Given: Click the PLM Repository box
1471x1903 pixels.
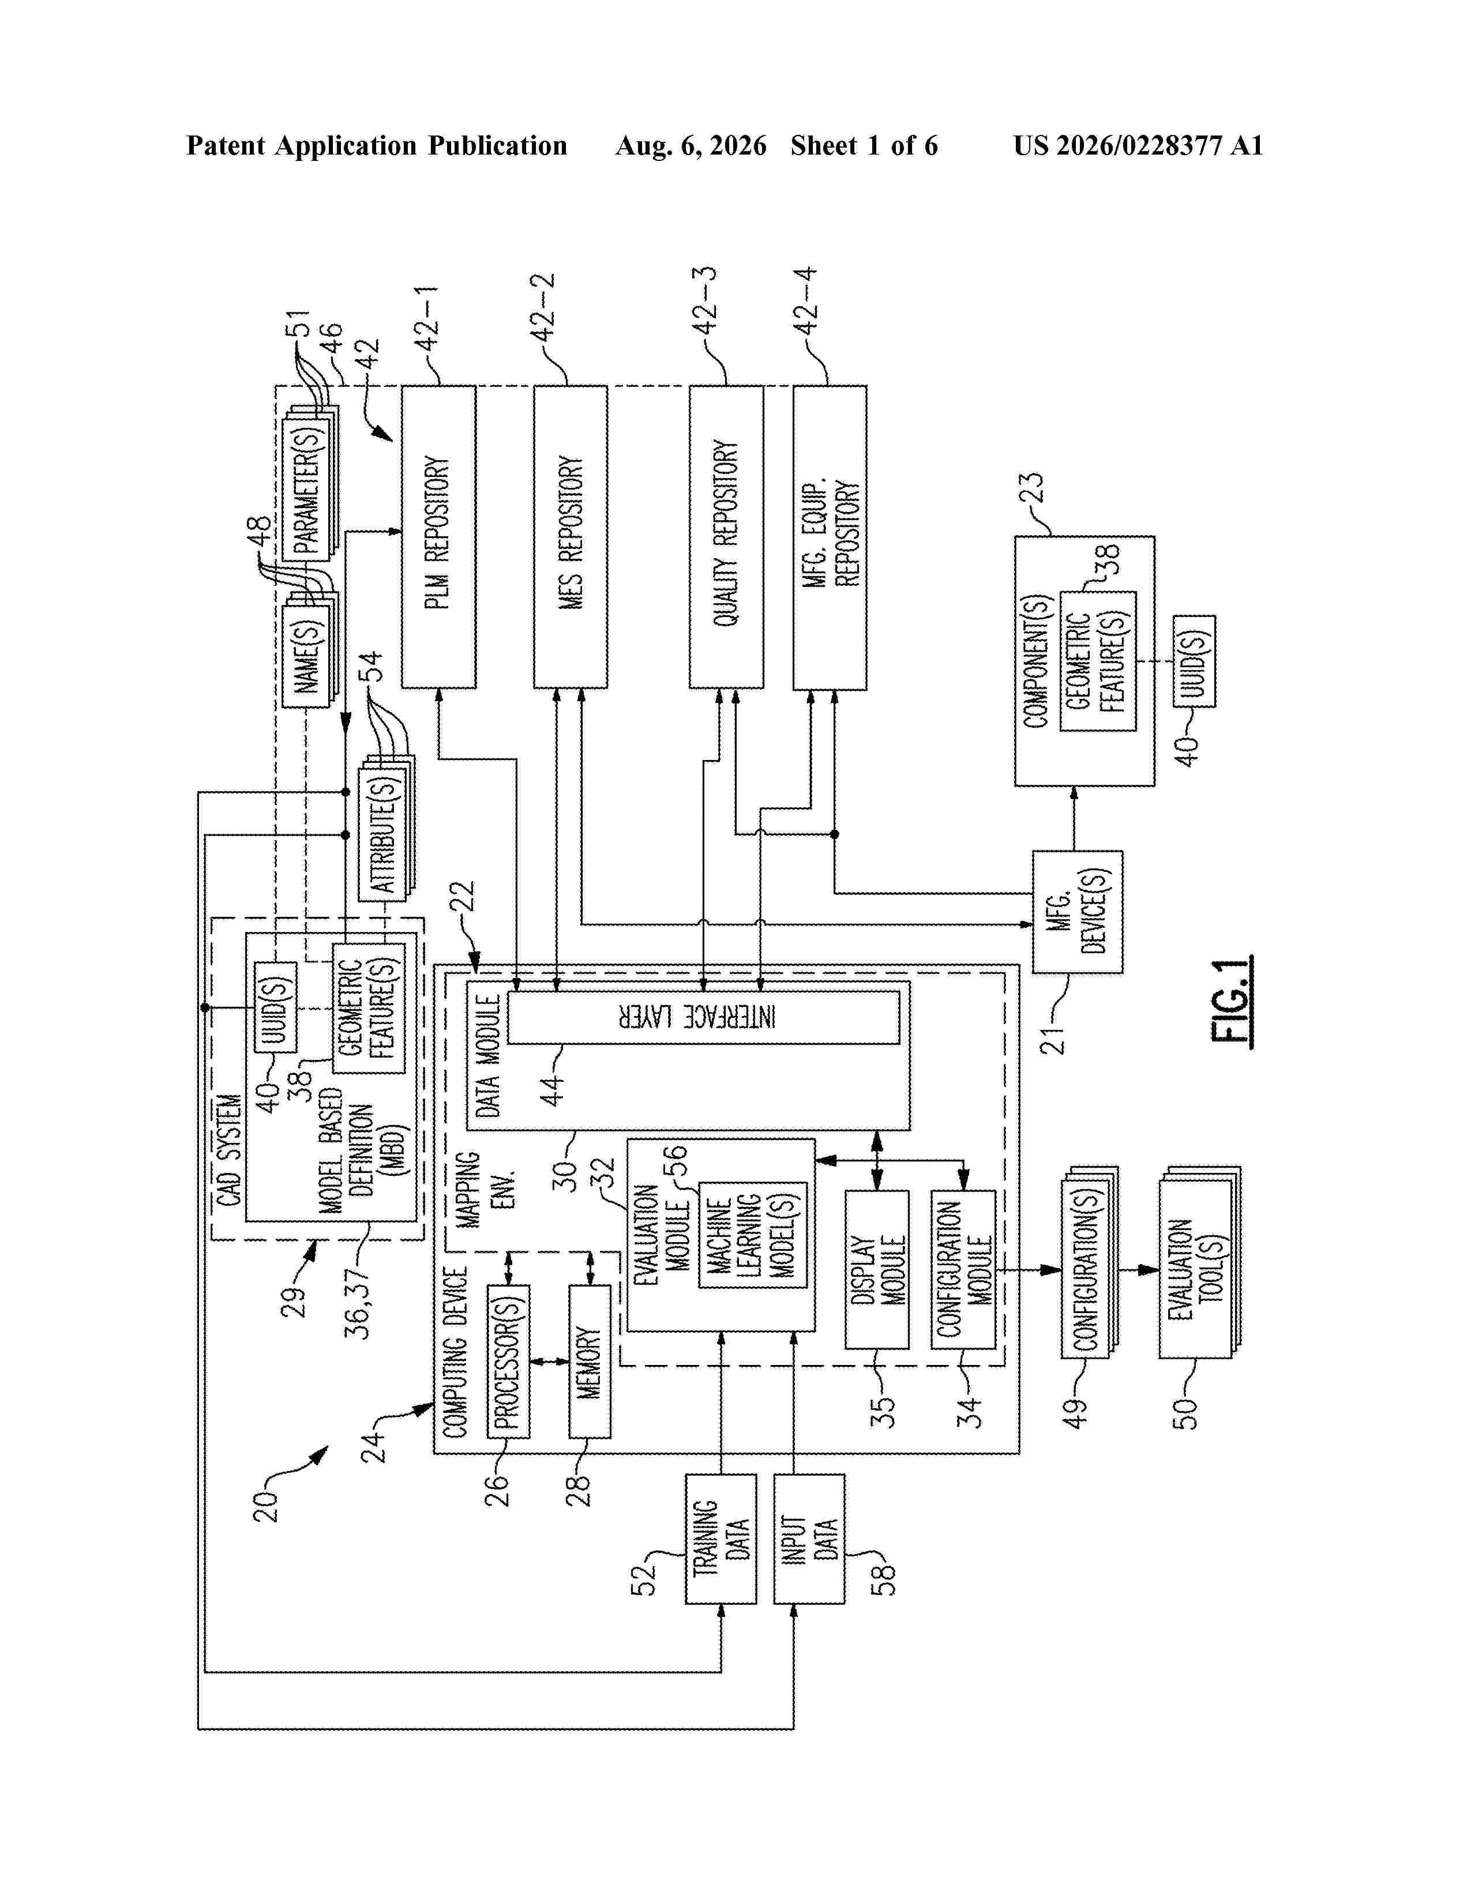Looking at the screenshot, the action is click(438, 537).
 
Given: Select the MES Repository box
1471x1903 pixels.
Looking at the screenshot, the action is click(571, 537).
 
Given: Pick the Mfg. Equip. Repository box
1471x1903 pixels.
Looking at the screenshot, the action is click(830, 537).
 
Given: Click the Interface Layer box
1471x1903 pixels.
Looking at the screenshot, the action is click(703, 1017).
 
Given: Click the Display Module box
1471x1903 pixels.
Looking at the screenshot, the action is click(877, 1270).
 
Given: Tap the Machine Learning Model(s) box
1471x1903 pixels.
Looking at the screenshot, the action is click(753, 1235).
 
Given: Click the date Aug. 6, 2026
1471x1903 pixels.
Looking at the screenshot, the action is click(691, 145).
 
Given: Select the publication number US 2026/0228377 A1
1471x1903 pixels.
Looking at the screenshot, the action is click(1138, 145).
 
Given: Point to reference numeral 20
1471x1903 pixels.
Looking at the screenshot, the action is click(266, 1506).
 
